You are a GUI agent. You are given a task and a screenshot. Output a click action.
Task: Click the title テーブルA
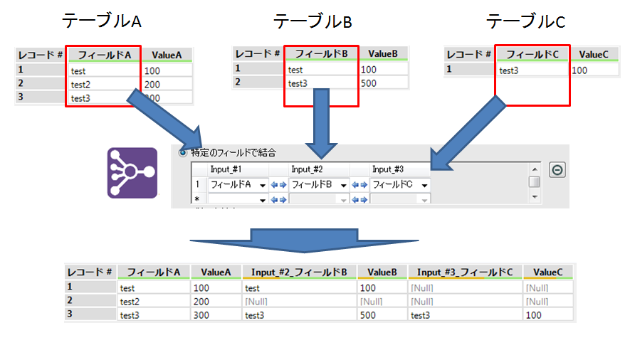pos(103,21)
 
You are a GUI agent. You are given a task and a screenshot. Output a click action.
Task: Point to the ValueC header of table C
pos(593,54)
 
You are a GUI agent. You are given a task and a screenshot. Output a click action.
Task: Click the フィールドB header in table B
pos(320,54)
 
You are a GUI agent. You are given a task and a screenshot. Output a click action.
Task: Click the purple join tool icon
pos(132,173)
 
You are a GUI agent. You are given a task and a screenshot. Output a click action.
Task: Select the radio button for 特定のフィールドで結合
pos(182,152)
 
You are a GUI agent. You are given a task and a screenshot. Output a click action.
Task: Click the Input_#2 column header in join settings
pos(307,169)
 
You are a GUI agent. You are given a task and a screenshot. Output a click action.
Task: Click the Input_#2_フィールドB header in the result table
pos(299,272)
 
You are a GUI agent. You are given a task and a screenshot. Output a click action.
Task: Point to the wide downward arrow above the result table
pos(306,238)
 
